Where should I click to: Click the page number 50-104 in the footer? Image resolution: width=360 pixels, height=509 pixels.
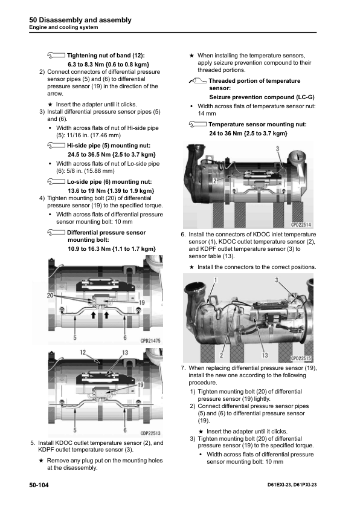point(39,485)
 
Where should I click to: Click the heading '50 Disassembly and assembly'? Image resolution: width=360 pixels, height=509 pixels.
point(80,20)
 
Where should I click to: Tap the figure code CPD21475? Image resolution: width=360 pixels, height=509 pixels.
point(150,340)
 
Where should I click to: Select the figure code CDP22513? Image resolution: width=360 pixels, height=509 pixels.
point(150,433)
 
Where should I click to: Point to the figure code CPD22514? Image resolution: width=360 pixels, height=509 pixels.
point(301,225)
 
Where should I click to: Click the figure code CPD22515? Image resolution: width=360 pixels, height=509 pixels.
point(301,358)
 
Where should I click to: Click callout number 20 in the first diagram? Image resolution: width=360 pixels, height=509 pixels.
point(50,296)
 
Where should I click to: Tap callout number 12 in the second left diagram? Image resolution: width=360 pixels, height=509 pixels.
point(83,352)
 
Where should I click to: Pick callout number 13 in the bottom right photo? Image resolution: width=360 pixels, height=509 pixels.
point(265,355)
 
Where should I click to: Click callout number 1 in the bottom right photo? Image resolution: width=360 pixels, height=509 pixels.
point(216,280)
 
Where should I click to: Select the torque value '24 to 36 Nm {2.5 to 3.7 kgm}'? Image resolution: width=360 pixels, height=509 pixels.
point(248,133)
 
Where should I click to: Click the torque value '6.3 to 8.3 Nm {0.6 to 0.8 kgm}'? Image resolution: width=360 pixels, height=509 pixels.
point(108,64)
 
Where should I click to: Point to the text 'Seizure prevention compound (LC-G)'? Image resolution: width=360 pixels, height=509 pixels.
point(262,97)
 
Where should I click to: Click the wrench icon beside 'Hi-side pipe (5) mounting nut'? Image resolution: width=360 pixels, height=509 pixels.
point(56,146)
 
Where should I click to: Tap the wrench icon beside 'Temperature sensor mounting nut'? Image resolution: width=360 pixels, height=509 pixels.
point(198,124)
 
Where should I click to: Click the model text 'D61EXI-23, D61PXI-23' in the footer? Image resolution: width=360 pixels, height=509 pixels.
point(292,485)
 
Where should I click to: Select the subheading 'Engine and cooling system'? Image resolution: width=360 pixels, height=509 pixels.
point(63,27)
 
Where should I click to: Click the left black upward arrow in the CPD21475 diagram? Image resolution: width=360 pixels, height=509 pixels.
point(94,314)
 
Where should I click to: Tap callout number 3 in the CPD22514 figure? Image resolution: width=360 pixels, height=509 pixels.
point(278,149)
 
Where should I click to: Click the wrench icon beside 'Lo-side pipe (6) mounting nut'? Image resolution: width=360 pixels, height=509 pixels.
point(56,181)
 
